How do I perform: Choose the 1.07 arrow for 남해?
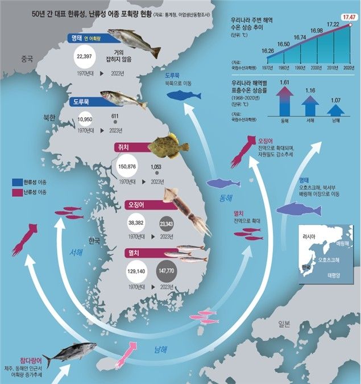(x=336, y=108)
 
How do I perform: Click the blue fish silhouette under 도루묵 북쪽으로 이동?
(x=183, y=94)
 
